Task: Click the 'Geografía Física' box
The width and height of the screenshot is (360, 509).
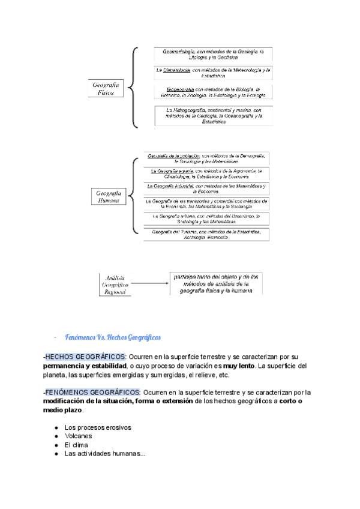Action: [106, 91]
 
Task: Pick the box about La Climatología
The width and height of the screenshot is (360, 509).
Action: [214, 73]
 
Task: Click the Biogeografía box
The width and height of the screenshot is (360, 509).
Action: [214, 92]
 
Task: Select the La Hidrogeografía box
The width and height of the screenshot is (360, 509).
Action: [214, 116]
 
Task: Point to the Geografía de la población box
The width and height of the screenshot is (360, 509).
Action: [205, 158]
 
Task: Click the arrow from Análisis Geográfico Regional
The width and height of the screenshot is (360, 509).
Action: [149, 283]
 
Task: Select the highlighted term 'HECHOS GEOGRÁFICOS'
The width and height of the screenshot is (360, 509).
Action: [85, 357]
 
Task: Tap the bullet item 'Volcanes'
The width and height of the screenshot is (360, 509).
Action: [79, 436]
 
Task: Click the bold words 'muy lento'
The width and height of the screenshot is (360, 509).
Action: [241, 366]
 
